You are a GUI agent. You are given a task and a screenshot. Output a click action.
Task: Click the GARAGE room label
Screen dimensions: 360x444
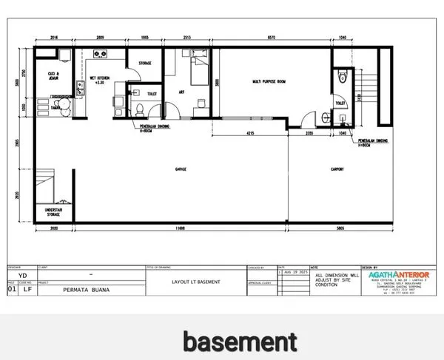[181, 169]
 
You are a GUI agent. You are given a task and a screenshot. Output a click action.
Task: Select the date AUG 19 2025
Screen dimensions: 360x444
[293, 272]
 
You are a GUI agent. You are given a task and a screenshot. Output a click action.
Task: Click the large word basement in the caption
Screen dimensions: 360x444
[240, 342]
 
